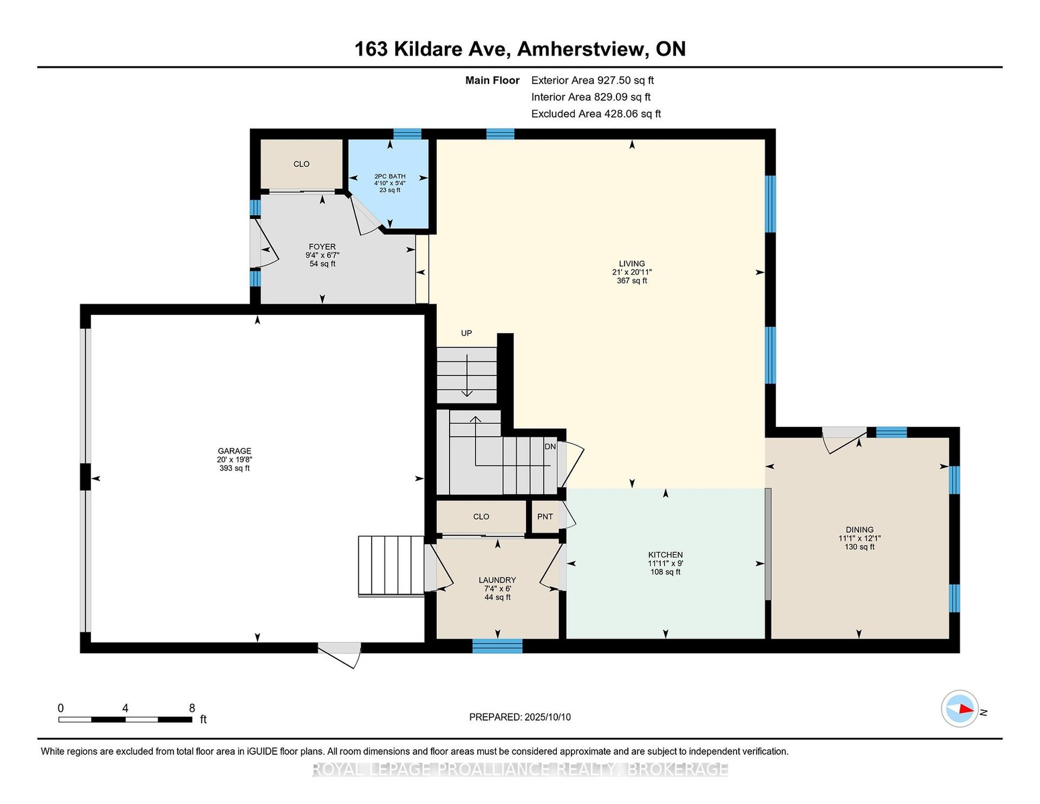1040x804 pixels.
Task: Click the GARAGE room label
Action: (234, 450)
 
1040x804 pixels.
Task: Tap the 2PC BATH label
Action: (389, 176)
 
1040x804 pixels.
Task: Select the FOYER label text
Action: (322, 247)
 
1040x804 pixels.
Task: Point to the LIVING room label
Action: (632, 263)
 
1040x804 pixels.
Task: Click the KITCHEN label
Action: (665, 555)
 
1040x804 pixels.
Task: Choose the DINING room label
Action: (860, 529)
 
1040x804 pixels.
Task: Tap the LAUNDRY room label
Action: (497, 580)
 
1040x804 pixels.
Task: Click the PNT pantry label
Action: (545, 517)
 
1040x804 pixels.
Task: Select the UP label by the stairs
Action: (466, 333)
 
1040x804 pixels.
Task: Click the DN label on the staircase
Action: (550, 446)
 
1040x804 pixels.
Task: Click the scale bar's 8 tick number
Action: (192, 708)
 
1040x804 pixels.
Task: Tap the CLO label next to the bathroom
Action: (302, 164)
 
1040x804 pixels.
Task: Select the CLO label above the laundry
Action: (481, 517)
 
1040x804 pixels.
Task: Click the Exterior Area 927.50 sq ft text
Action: (592, 80)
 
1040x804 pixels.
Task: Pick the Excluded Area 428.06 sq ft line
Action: (596, 114)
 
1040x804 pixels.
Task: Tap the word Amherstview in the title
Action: (581, 50)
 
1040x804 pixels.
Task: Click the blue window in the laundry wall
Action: (497, 647)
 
